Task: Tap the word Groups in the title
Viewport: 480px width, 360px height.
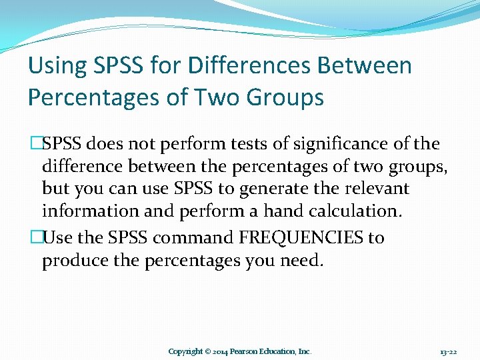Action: pyautogui.click(x=285, y=97)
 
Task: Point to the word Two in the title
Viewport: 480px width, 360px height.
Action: pyautogui.click(x=219, y=97)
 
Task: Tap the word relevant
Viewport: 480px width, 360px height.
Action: pyautogui.click(x=376, y=189)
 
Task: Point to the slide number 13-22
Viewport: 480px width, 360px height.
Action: pyautogui.click(x=448, y=351)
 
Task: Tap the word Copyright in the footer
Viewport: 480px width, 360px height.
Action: pyautogui.click(x=185, y=351)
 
